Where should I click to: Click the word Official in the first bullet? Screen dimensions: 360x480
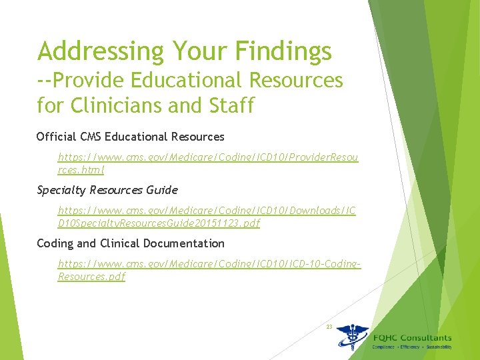(x=57, y=137)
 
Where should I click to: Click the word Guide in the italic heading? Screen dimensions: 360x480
(x=163, y=190)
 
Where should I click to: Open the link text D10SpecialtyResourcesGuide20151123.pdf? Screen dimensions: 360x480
(x=159, y=223)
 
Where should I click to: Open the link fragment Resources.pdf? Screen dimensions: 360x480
(x=91, y=277)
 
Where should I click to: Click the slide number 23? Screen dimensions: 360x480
(x=329, y=327)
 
